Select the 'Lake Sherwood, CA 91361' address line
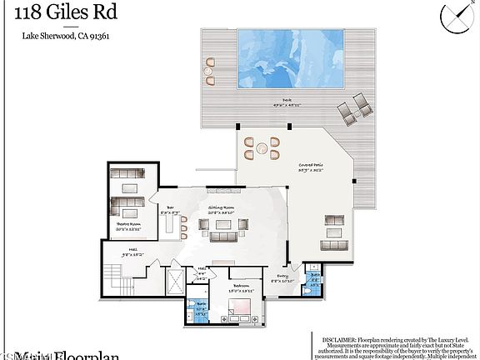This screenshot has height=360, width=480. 54,36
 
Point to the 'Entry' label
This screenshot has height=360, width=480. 283,278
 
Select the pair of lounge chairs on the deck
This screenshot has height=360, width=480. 356,107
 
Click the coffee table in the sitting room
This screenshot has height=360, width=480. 221,223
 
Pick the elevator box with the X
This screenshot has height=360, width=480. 177,282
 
